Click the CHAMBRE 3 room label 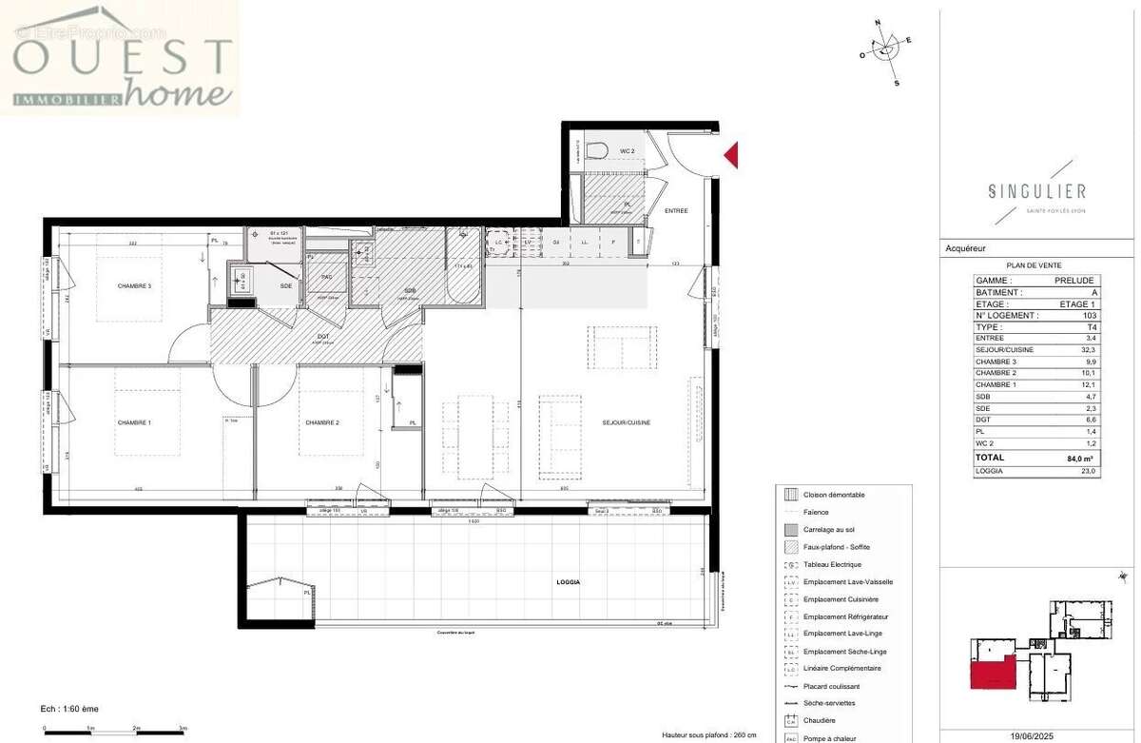134,286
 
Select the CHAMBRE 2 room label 322,422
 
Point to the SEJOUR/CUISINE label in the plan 626,422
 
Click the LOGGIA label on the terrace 568,582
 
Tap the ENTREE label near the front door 676,210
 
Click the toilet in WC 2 597,150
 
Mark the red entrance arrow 731,155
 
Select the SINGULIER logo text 1036,191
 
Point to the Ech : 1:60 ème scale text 70,709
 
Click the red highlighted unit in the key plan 991,669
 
